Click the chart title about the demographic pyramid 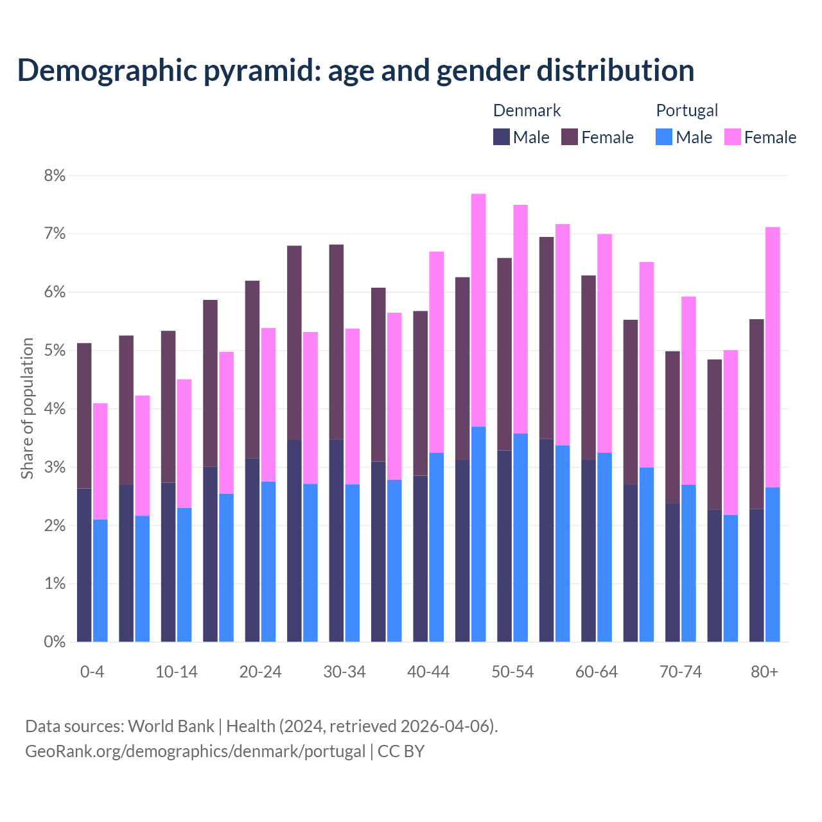(x=356, y=71)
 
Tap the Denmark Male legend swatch (x=502, y=137)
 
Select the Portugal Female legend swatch (x=732, y=137)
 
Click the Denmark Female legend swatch (x=570, y=137)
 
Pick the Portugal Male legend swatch (x=664, y=137)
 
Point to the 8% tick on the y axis (x=55, y=175)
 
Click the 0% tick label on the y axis (x=55, y=642)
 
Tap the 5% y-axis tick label (x=55, y=351)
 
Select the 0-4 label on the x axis (x=92, y=672)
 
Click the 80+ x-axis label (x=764, y=672)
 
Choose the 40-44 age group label (x=428, y=672)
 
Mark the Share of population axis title (x=27, y=408)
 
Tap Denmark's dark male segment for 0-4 (x=84, y=565)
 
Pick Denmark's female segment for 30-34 (x=337, y=342)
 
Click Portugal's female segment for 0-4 (x=100, y=461)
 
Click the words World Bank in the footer (x=171, y=726)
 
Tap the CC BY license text (x=401, y=751)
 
